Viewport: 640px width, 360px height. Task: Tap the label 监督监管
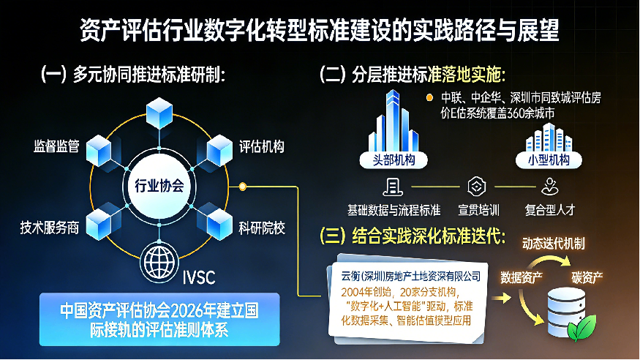tap(56, 146)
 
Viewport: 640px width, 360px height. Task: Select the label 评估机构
tap(261, 146)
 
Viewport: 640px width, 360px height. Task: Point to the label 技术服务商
tap(50, 228)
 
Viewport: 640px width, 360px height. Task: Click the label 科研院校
tap(261, 228)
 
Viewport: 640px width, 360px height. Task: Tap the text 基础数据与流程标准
tap(394, 210)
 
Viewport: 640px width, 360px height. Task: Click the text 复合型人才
tap(550, 210)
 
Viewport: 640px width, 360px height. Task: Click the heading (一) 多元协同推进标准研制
tap(132, 75)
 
